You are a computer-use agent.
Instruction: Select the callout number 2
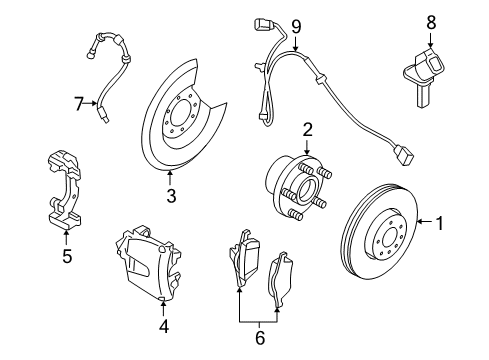(308, 128)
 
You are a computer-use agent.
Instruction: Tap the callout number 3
(171, 197)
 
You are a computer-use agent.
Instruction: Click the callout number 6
(259, 338)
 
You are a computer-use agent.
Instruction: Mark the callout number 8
(431, 20)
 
